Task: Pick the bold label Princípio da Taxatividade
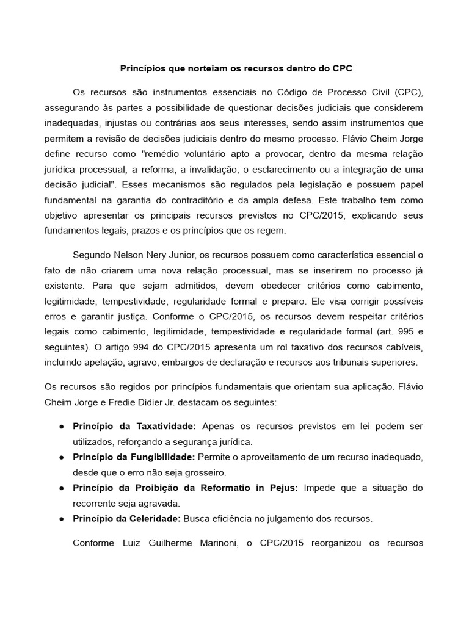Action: coord(134,425)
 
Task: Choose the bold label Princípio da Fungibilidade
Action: coord(134,457)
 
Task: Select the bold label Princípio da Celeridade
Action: coord(126,519)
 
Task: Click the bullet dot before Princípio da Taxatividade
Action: coord(62,426)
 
